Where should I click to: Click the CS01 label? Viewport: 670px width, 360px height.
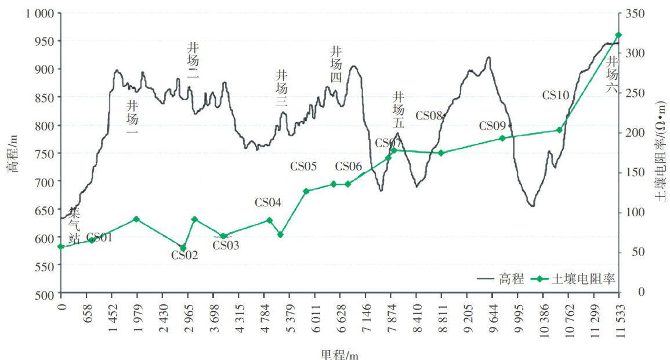[99, 237]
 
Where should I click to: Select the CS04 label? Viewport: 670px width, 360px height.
[268, 203]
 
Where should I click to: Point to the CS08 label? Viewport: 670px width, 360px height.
[429, 116]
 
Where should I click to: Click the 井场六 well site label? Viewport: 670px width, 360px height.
[613, 69]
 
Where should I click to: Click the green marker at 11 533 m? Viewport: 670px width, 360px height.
[618, 35]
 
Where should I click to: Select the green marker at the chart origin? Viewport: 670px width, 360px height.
[61, 247]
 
